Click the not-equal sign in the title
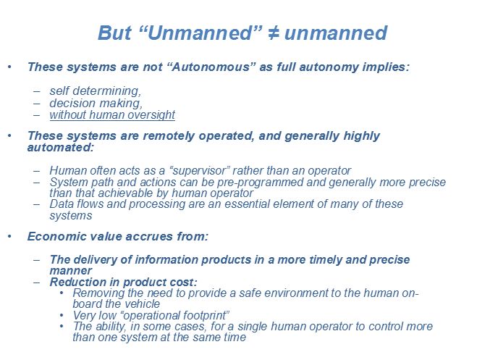273,33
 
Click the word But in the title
114,33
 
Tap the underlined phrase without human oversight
112,115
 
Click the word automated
60,147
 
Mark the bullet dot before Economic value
9,236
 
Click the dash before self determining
37,91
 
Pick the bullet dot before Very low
62,315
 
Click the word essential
247,204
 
